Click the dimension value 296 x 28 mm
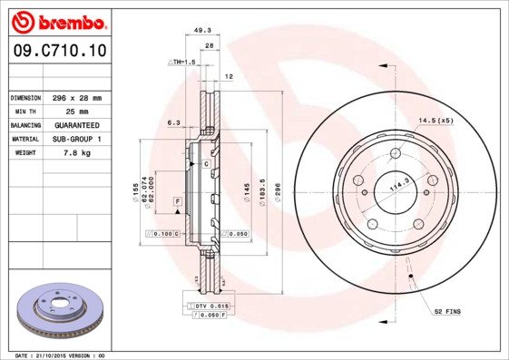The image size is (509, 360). click(76, 97)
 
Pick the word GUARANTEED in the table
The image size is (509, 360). click(76, 125)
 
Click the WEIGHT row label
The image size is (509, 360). click(24, 153)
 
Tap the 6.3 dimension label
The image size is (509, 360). click(173, 121)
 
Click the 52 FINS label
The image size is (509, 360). click(447, 310)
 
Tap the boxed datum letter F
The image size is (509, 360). click(178, 199)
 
